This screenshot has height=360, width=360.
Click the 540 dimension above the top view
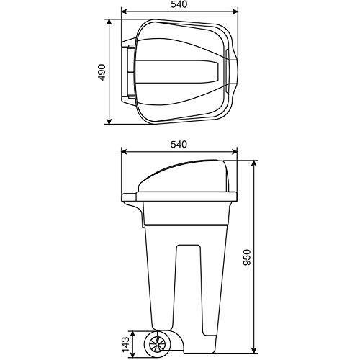tap(179, 4)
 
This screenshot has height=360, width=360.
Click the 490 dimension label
tap(102, 72)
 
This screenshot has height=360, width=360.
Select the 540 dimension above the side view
tap(179, 145)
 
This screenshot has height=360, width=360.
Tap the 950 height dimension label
tap(247, 257)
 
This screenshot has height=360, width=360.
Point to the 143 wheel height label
tap(125, 344)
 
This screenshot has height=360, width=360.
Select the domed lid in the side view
tap(183, 176)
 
